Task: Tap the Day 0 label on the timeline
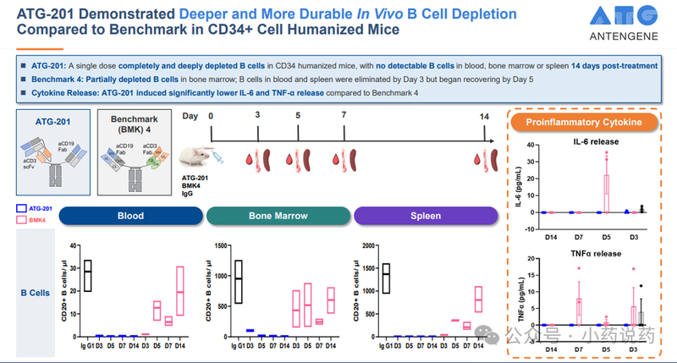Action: [x=212, y=115]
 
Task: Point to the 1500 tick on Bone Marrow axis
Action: [x=223, y=246]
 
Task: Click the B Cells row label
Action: [x=34, y=293]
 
